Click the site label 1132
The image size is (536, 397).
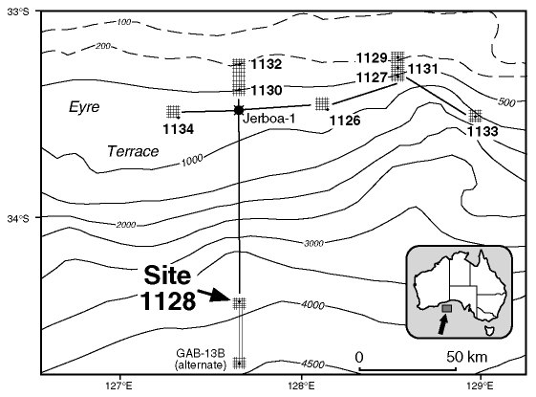267,64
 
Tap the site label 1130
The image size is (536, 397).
267,90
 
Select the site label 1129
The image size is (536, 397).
372,57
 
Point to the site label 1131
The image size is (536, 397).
423,69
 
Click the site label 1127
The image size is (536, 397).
372,77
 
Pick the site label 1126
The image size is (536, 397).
345,121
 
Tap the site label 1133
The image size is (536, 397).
482,131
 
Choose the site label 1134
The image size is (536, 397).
178,129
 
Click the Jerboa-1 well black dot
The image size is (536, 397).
239,110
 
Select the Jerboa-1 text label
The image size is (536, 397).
269,119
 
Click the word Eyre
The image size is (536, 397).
84,107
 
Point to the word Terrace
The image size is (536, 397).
133,151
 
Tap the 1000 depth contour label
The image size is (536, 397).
192,160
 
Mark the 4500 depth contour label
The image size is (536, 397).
312,364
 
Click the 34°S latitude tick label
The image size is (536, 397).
18,218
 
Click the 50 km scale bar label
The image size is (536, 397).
466,358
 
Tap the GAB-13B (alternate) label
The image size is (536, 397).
201,359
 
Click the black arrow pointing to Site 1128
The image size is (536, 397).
214,295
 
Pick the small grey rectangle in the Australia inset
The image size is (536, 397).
447,308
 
